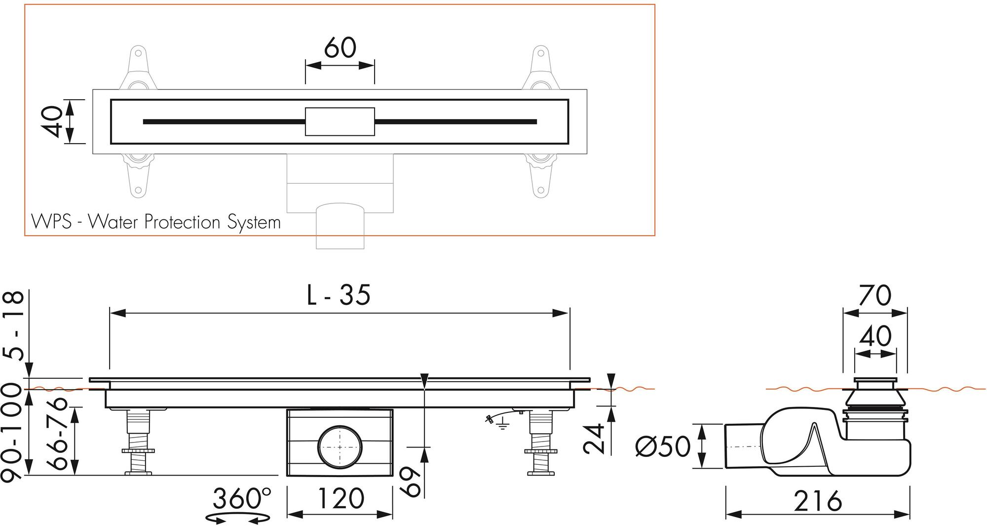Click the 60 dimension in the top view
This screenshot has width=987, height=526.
[x=340, y=48]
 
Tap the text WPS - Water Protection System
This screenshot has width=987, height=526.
[x=156, y=222]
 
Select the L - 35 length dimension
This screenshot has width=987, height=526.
[x=339, y=295]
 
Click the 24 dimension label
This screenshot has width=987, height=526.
[x=593, y=438]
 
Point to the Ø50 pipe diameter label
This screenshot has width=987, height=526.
[x=663, y=447]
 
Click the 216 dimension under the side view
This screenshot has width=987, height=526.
[x=817, y=501]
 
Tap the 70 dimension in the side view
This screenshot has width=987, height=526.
[x=875, y=295]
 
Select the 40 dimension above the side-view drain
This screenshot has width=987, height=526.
[x=875, y=336]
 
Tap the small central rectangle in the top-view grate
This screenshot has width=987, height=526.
[x=340, y=121]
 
